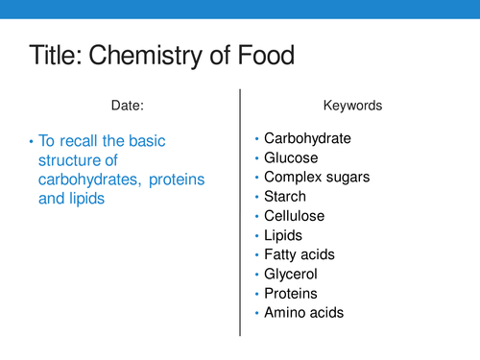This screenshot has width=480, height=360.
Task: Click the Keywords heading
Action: point(353,107)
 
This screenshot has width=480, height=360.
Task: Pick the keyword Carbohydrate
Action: point(307,138)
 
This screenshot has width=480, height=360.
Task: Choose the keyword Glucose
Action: point(291,157)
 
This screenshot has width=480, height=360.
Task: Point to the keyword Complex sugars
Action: point(317,177)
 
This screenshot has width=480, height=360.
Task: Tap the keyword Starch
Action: point(286,197)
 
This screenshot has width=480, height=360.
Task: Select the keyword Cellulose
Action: point(295,216)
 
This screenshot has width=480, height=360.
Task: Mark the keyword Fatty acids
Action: point(300,254)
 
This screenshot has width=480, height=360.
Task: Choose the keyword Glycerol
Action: point(292,274)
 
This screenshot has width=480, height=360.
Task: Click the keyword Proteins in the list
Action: point(291,293)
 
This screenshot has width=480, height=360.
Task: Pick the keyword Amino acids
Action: point(303,312)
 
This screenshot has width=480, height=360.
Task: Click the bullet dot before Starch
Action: point(256,197)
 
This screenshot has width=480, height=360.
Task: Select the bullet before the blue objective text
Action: point(32,141)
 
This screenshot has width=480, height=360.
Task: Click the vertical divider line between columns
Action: point(239,211)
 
